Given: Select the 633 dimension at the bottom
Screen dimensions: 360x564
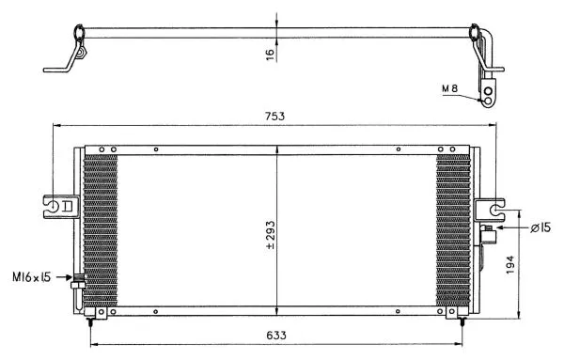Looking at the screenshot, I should tap(275, 335).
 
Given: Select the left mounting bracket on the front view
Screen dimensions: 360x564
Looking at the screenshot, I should tap(59, 204).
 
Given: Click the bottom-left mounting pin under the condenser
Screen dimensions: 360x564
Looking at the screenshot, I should tap(90, 321).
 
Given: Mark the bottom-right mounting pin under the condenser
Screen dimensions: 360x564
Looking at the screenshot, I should tap(462, 321).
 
